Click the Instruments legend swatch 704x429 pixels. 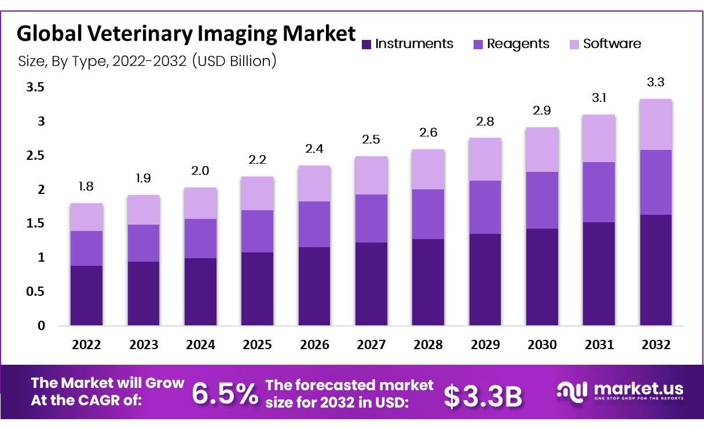point(366,44)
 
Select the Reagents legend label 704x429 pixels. point(518,44)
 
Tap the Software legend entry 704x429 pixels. point(612,44)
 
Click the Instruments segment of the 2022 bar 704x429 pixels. point(86,295)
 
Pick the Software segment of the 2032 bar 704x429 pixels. point(655,124)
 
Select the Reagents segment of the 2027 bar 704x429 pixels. point(371,218)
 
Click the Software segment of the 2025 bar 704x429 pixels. point(257,193)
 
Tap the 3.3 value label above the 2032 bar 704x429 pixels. point(655,82)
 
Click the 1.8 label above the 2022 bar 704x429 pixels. point(86,186)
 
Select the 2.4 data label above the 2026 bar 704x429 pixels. point(314,149)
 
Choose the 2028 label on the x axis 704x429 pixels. point(428,345)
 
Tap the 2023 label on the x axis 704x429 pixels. point(143,345)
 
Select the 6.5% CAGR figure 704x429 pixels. point(225,394)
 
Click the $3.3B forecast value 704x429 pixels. point(483,395)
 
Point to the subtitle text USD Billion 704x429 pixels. point(237,61)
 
